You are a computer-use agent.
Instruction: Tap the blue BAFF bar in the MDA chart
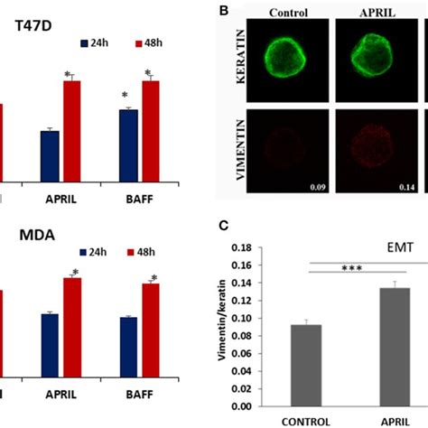pos(129,347)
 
